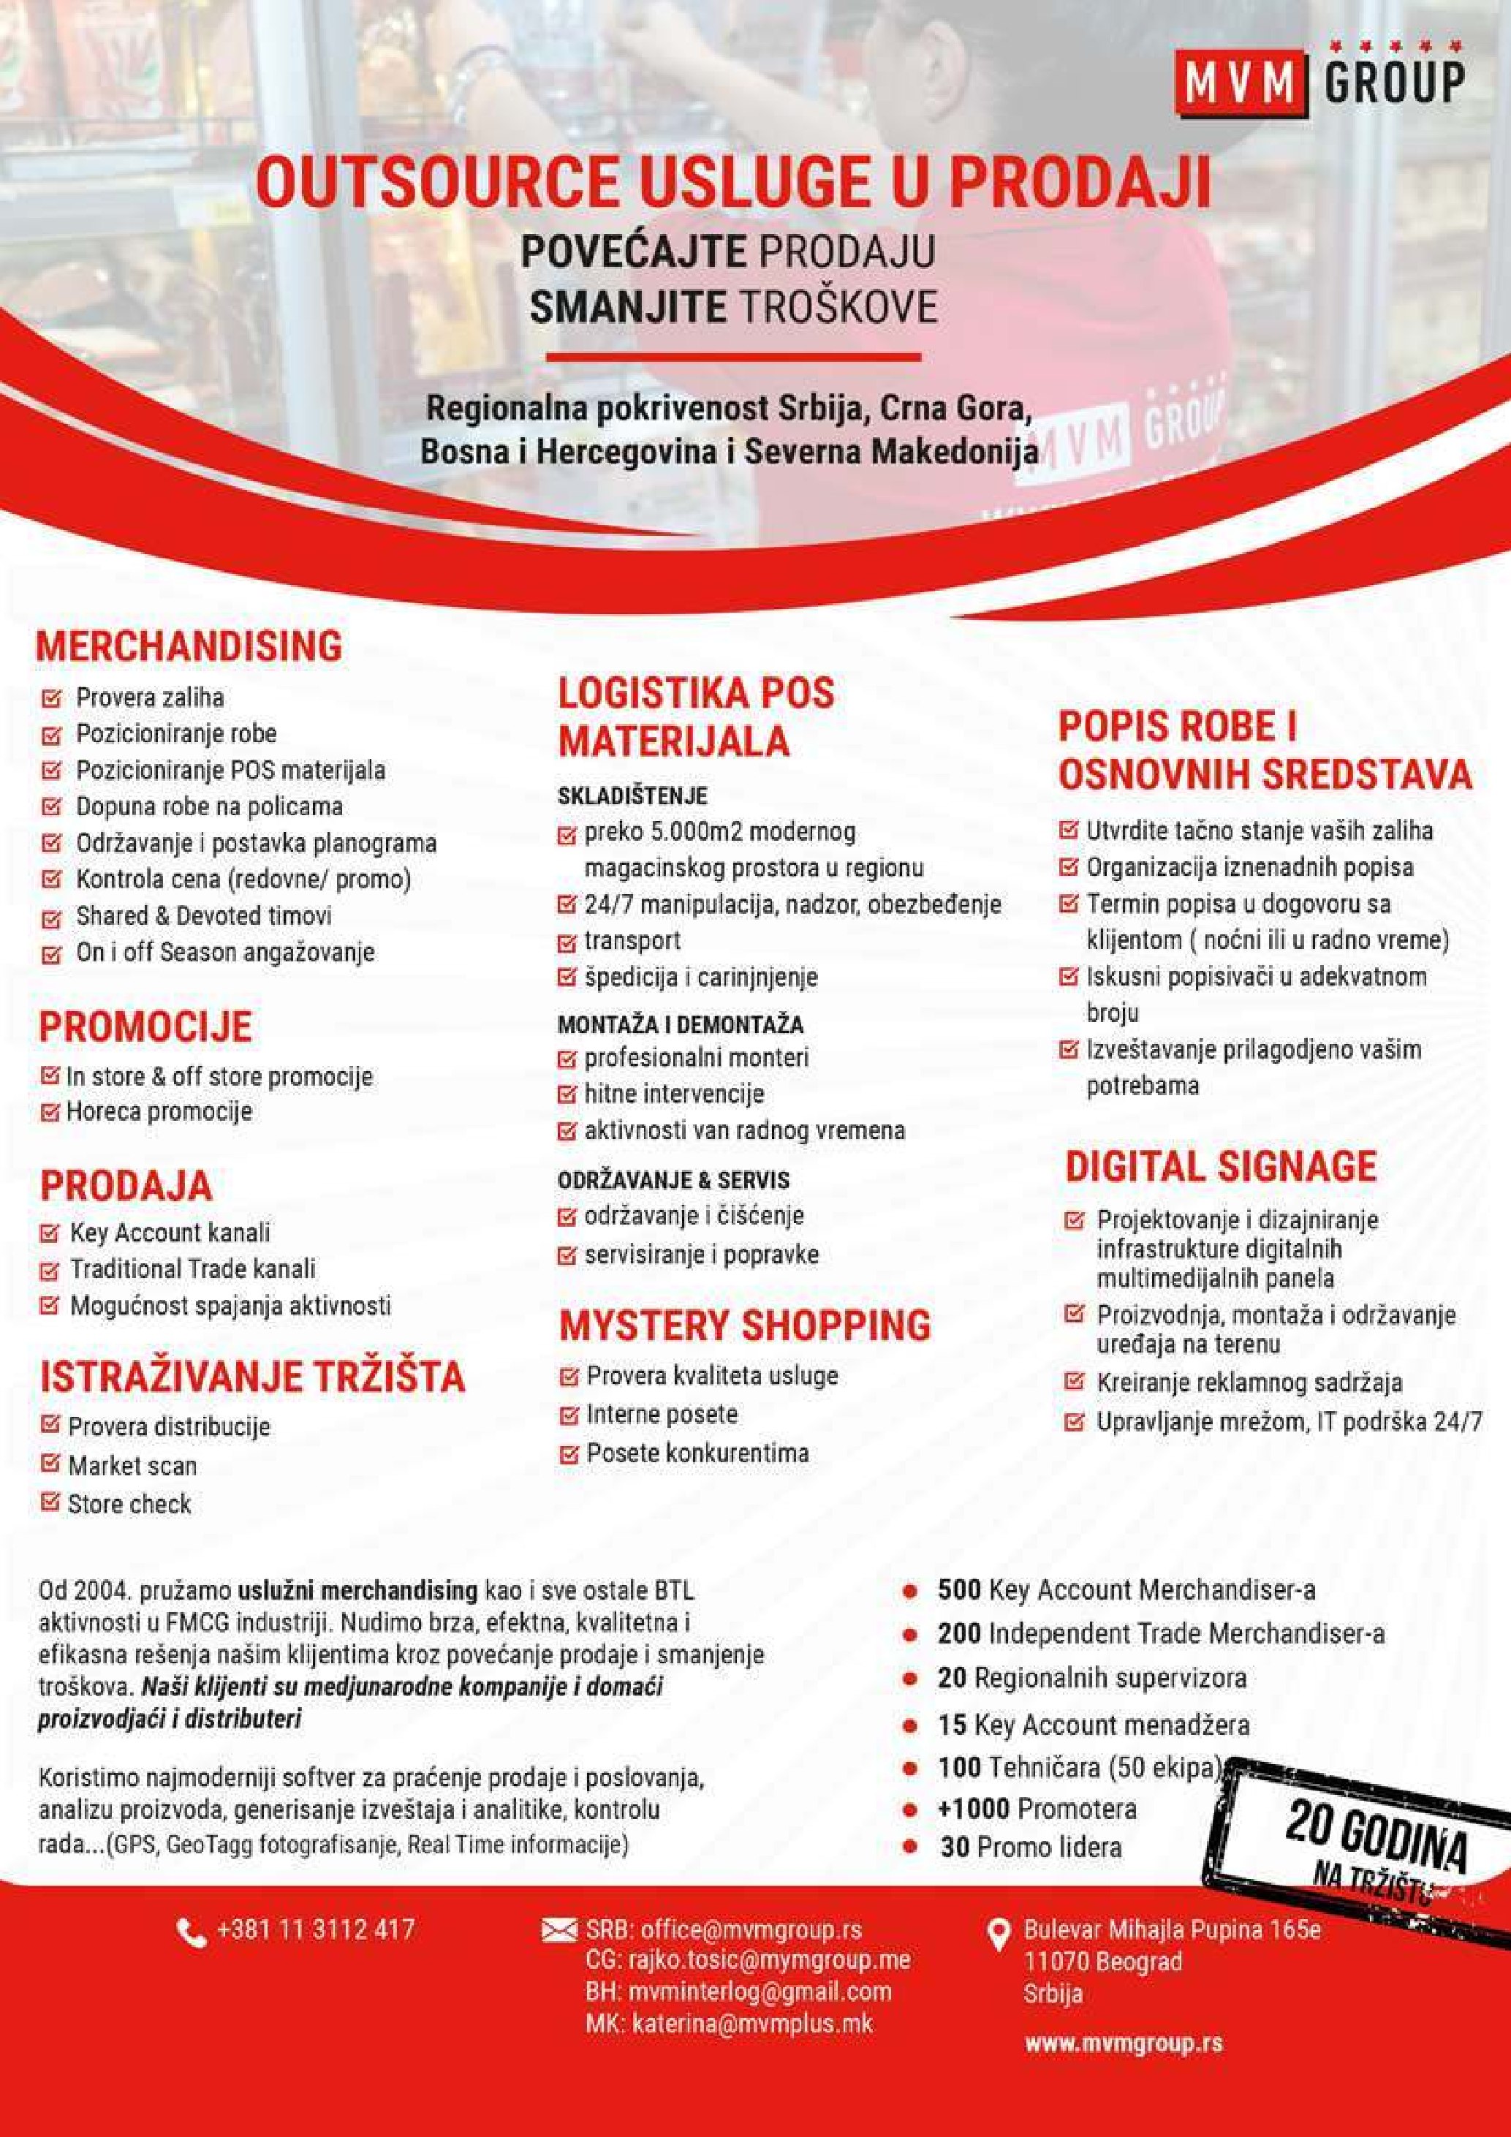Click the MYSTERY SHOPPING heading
pos(744,1325)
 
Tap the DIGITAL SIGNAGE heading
pos(1220,1166)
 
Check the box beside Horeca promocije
pos(50,1112)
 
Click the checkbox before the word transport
pos(567,942)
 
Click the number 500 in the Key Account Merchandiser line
pos(959,1589)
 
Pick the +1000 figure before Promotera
pos(973,1809)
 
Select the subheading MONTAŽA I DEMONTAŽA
pos(680,1026)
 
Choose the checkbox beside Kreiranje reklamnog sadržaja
pos(1075,1383)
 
